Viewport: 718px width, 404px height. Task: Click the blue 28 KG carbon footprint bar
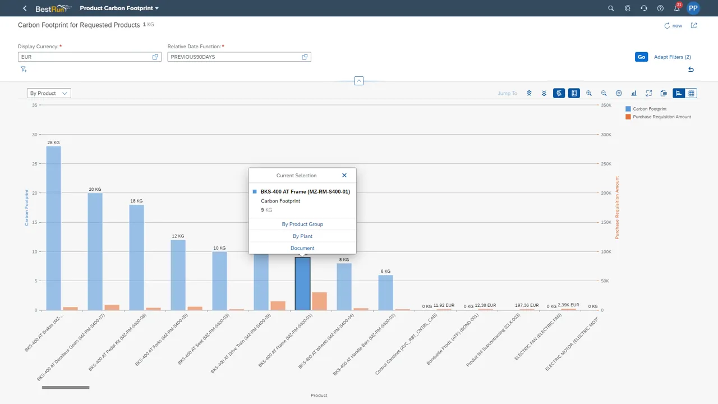coord(53,227)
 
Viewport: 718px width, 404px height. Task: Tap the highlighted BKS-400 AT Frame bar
coord(302,283)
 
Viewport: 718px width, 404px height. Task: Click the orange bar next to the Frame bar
coord(319,301)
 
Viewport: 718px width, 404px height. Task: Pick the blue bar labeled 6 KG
coord(385,292)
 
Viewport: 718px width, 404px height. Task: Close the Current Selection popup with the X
coord(344,176)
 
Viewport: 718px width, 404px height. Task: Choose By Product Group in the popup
coord(302,224)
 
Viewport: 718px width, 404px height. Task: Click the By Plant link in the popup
coord(302,236)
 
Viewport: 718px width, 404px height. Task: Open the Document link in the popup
coord(302,248)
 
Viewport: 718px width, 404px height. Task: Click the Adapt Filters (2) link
coord(672,57)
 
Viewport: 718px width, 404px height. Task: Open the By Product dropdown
coord(49,93)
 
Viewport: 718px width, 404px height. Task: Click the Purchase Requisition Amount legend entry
coord(661,117)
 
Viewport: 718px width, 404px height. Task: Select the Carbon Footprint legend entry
coord(649,109)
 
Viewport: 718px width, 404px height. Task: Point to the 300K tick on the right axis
coord(606,135)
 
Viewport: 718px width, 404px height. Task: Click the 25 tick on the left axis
coord(35,164)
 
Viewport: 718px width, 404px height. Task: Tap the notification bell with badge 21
coord(676,8)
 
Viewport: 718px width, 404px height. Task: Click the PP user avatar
coord(693,8)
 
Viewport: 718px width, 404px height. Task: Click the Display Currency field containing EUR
coord(84,57)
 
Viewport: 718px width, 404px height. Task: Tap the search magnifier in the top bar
coord(611,8)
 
